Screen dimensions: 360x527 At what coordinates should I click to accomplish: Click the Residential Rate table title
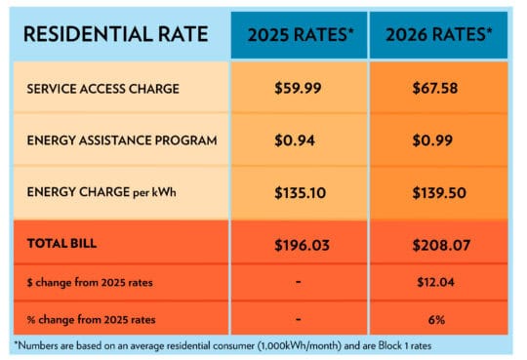116,34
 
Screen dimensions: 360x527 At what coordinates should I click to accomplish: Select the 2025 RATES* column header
298,35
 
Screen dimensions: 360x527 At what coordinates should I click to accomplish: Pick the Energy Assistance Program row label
121,140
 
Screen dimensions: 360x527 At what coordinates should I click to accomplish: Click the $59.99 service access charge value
298,88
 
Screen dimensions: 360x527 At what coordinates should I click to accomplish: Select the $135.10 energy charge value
298,192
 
